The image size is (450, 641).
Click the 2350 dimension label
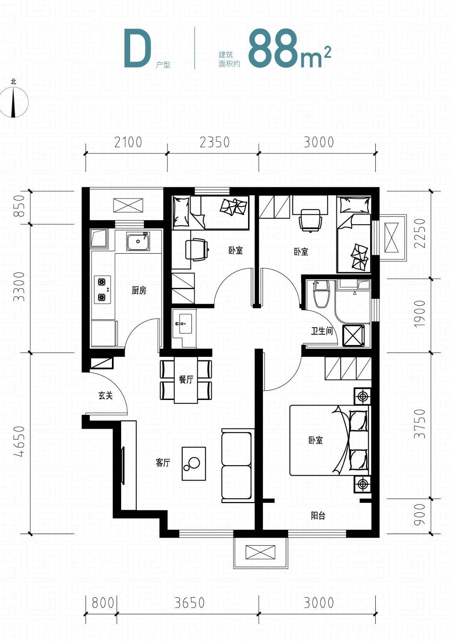[214, 142]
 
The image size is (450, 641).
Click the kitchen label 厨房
[139, 291]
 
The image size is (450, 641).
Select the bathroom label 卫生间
[322, 331]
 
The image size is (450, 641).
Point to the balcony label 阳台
[318, 515]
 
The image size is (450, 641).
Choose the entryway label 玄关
[105, 395]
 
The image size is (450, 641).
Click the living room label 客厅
[163, 463]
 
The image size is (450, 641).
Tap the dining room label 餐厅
[186, 380]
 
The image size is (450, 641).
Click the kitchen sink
[138, 241]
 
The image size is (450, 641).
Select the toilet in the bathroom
[322, 295]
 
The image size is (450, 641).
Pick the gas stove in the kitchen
[102, 290]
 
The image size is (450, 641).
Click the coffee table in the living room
[194, 464]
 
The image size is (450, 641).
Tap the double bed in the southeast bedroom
[329, 440]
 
